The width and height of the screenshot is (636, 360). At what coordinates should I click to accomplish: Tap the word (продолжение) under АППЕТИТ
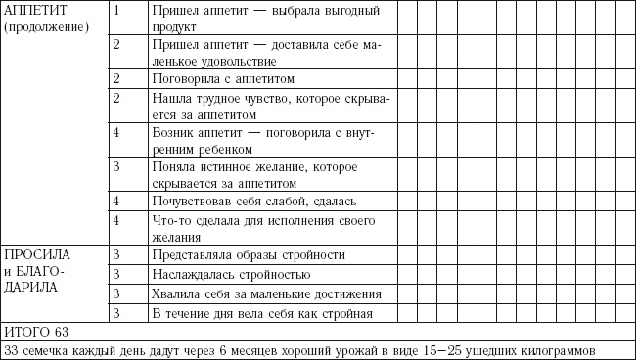[x=46, y=26]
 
